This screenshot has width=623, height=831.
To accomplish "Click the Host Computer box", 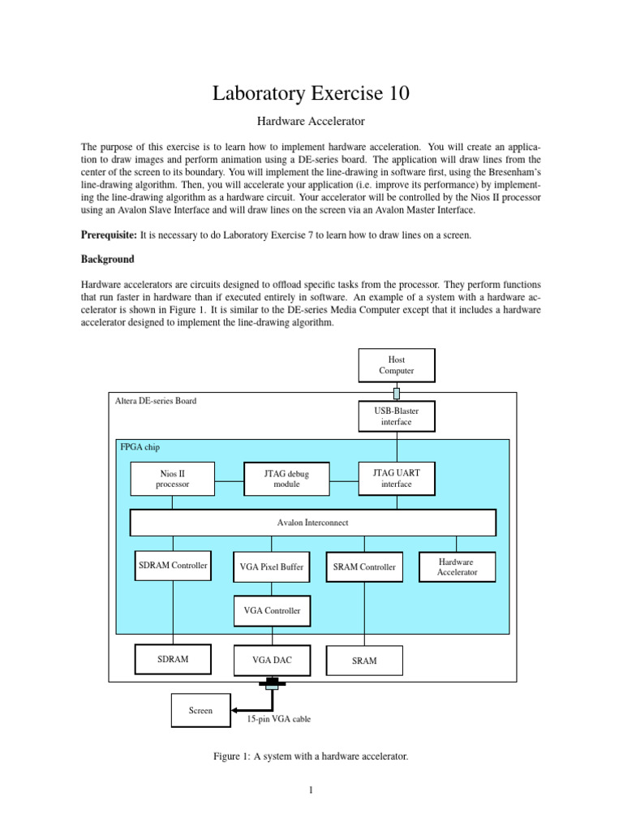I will [397, 365].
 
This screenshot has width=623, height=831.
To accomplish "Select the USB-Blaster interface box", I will [397, 416].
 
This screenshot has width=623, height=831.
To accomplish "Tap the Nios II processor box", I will [172, 478].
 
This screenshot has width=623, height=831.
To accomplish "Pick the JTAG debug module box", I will [286, 478].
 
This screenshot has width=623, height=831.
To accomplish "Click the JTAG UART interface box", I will [397, 478].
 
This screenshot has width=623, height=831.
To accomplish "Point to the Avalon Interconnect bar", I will [312, 523].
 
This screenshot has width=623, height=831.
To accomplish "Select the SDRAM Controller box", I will [172, 566].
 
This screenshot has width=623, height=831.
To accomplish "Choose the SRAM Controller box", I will [364, 567].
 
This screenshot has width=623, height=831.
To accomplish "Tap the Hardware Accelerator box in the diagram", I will [457, 566].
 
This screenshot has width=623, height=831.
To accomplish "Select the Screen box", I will [200, 710].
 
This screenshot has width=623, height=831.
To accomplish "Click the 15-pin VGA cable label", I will [278, 719].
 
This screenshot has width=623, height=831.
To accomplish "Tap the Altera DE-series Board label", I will [156, 401].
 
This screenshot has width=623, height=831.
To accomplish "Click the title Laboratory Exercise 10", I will [311, 93].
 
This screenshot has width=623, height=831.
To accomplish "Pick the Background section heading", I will [107, 260].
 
